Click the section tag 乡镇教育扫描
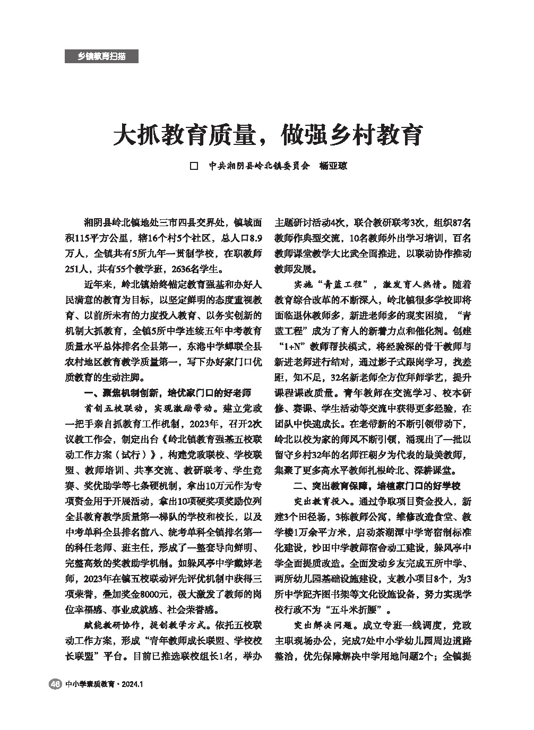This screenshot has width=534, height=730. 101,56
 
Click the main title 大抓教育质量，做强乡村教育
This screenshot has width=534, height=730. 267,135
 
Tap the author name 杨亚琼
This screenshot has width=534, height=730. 333,166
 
